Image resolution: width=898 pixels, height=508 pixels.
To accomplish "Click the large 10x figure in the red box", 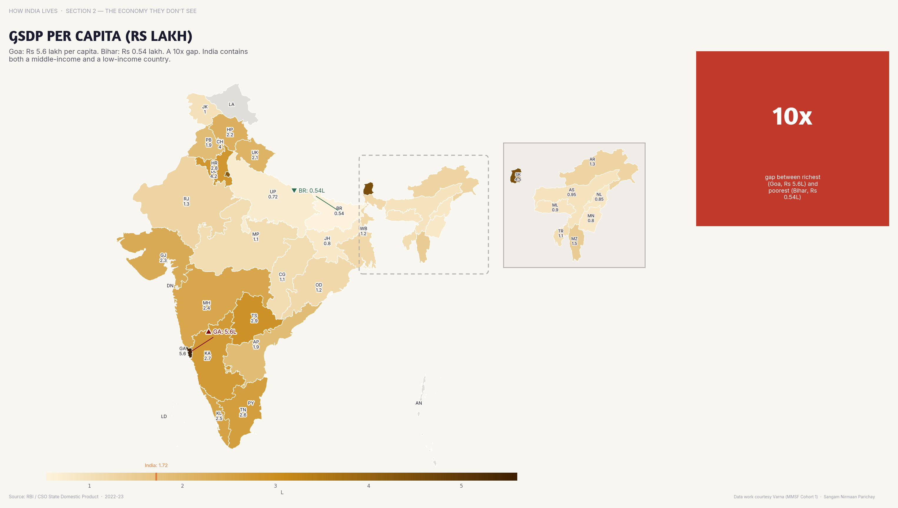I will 792,117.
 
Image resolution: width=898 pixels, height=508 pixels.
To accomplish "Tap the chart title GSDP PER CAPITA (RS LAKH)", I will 100,36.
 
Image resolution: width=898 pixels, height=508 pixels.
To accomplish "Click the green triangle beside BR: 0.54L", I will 294,191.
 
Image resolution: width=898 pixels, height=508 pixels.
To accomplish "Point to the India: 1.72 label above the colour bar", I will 156,465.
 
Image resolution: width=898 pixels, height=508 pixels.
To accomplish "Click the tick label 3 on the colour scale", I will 275,486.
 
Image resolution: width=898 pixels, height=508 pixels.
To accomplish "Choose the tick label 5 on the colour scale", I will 461,486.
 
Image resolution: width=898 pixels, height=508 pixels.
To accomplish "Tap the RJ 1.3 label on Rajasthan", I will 187,201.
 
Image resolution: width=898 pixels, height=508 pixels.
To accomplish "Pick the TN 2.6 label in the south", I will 243,412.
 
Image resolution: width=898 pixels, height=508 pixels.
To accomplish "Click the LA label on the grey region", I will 232,104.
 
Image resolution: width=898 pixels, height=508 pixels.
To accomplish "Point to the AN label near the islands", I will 419,403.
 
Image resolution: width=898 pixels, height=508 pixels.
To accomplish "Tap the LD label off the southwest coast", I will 164,416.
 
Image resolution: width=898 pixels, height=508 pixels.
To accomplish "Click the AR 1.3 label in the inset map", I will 592,162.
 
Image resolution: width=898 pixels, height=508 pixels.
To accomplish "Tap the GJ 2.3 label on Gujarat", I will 163,257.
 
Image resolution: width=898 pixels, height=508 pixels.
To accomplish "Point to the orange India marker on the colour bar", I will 156,476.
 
